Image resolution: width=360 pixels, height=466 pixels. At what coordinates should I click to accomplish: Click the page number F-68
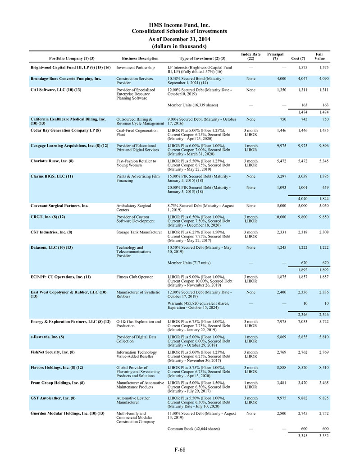click(x=180, y=449)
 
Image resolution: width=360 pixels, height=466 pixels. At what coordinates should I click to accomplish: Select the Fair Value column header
click(x=319, y=56)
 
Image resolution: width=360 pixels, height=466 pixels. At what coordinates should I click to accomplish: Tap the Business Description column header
click(x=140, y=59)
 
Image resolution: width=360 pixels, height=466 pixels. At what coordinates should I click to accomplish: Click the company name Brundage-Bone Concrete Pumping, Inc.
click(x=66, y=78)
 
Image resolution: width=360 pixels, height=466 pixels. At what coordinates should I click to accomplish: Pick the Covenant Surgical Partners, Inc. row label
click(x=59, y=206)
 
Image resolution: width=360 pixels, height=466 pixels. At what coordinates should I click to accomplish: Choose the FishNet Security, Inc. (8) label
click(x=53, y=352)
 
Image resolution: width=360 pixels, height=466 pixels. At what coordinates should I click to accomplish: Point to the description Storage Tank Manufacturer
click(x=139, y=232)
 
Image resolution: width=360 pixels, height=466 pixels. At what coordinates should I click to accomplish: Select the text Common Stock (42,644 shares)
click(x=193, y=428)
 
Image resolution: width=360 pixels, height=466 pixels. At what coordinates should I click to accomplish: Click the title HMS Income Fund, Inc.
click(x=179, y=25)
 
